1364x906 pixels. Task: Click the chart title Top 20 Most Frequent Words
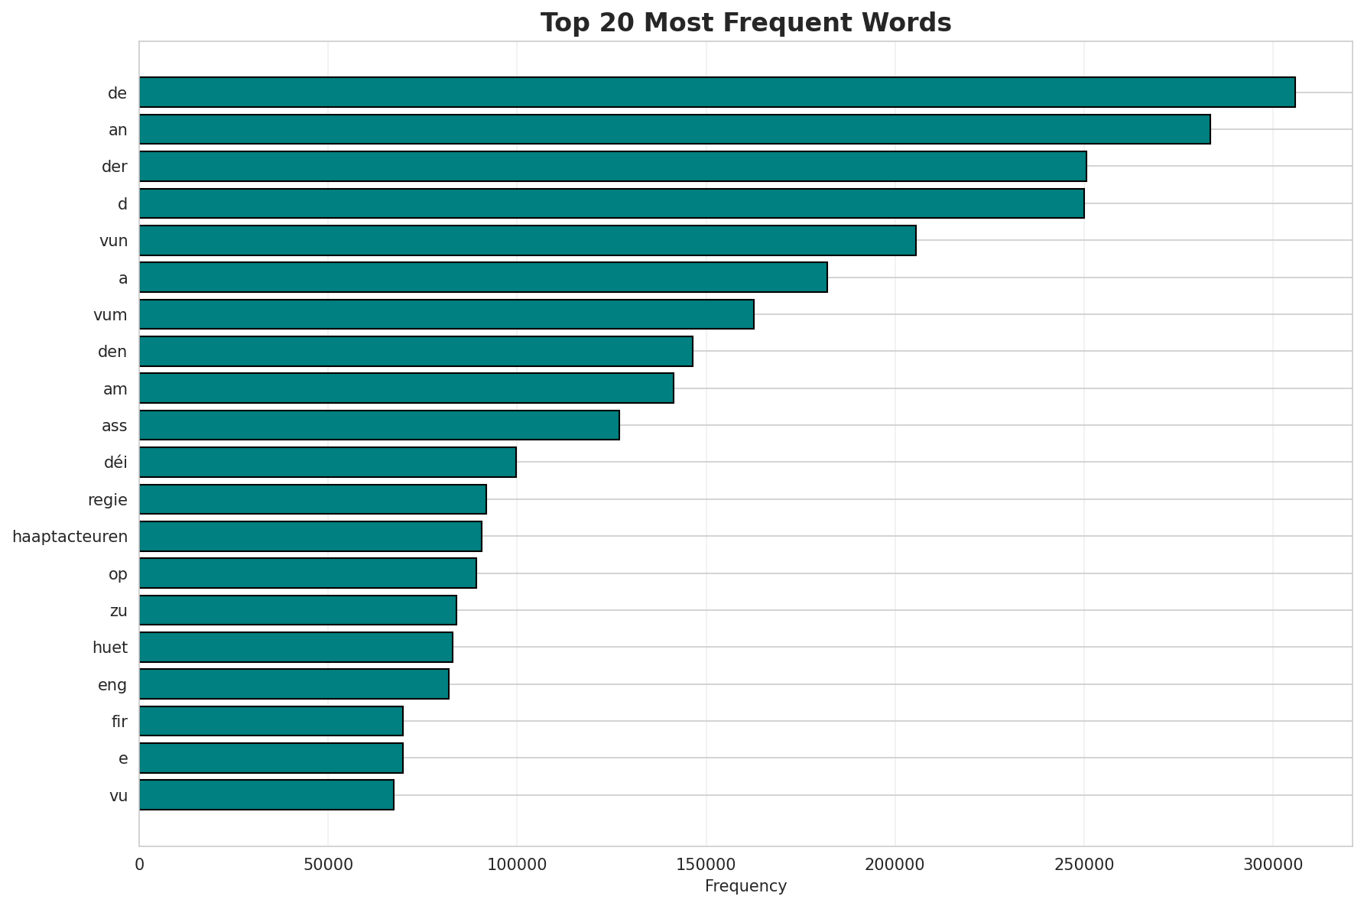745,23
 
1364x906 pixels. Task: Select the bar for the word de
717,93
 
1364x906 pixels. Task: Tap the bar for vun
528,240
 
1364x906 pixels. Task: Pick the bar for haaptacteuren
310,536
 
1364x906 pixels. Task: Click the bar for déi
328,462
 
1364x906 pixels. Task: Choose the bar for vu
267,795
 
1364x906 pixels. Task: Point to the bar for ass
379,425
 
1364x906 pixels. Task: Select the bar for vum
447,314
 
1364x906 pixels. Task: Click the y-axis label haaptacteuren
70,537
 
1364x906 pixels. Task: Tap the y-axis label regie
108,500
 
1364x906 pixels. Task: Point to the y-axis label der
115,167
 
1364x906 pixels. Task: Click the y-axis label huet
110,648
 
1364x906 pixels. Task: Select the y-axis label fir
119,722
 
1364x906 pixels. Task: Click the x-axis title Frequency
745,887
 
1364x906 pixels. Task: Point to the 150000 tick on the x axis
706,865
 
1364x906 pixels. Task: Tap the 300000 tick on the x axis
1272,865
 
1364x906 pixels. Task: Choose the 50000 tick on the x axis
328,865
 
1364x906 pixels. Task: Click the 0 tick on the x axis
139,865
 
